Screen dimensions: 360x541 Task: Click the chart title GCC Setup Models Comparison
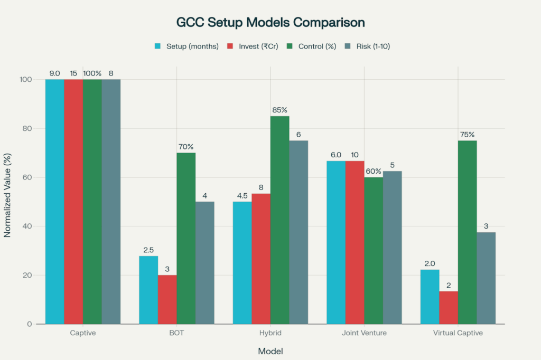(270, 23)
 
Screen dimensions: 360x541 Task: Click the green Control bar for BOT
(186, 238)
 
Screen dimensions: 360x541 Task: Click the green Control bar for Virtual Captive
(467, 232)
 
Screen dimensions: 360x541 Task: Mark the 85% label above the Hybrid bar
(279, 110)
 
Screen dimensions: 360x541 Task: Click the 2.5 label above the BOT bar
(148, 250)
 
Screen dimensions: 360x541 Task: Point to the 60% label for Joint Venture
(373, 171)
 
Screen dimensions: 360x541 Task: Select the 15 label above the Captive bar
(73, 73)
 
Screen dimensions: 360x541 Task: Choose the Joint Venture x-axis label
(364, 333)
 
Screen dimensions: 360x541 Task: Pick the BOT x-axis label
(176, 333)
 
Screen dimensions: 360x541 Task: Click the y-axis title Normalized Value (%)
(8, 201)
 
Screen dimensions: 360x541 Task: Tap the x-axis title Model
(270, 351)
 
